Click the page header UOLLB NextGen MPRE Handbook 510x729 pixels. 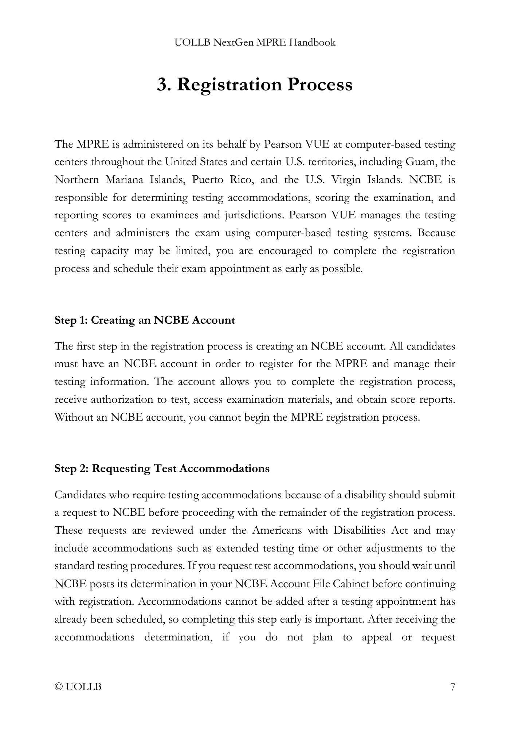tap(255, 43)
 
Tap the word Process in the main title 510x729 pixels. tap(320, 85)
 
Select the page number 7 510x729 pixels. tap(452, 687)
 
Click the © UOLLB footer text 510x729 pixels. tap(78, 687)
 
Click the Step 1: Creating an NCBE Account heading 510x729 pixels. tap(145, 320)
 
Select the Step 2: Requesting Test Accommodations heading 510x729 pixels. tap(162, 468)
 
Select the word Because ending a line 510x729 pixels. tap(436, 233)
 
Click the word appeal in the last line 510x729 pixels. tap(377, 637)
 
